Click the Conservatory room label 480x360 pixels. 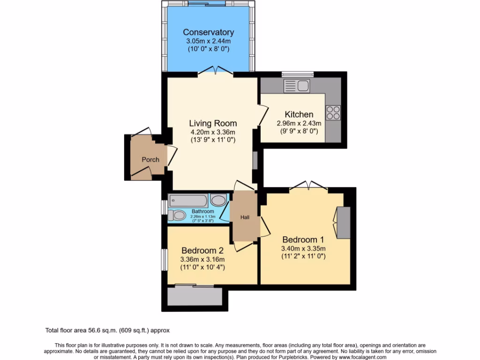coord(208,32)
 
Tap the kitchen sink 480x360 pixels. coord(296,86)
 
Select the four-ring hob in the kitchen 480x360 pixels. coord(333,112)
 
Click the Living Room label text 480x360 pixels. coord(213,123)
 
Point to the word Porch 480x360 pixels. coord(150,159)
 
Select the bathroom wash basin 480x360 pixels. coord(218,201)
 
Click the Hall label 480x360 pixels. coord(245,217)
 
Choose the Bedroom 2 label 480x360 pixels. coord(203,250)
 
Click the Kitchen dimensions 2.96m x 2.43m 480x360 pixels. coord(299,124)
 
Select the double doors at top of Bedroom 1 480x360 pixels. coord(308,186)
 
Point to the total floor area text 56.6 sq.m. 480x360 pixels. coord(110,330)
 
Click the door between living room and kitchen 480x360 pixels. coord(263,115)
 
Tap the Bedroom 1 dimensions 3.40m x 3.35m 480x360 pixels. coord(303,248)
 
